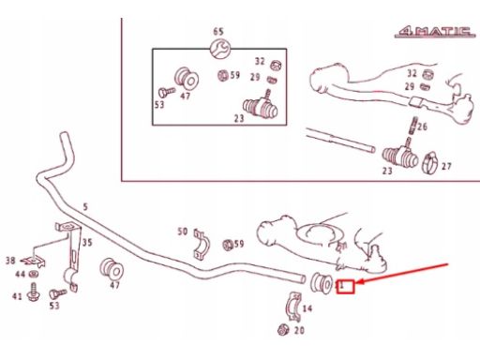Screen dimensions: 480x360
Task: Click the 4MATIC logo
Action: tap(435, 32)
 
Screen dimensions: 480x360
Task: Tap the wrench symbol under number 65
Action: tap(220, 49)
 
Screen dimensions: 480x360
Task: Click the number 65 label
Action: tap(218, 32)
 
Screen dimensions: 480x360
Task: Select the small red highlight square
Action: tap(345, 287)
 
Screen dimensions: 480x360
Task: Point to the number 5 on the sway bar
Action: tap(85, 206)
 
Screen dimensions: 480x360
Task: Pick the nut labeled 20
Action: tap(283, 330)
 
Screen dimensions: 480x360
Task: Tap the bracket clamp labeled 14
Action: tap(293, 307)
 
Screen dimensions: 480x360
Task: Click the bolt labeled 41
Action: tap(33, 292)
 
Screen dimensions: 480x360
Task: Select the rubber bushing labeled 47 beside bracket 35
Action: tap(112, 269)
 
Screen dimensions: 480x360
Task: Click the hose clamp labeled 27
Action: tap(430, 162)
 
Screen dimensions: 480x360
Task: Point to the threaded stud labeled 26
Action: tap(412, 125)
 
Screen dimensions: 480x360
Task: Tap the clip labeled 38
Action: tap(34, 261)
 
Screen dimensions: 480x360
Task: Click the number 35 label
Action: tap(87, 242)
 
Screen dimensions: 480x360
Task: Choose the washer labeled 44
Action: tap(32, 275)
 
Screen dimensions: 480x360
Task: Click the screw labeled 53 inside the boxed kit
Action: tap(166, 92)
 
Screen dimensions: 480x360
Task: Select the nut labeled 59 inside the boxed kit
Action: tap(223, 75)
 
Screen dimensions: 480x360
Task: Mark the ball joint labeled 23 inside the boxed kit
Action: tap(261, 107)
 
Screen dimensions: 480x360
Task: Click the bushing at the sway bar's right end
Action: tap(322, 283)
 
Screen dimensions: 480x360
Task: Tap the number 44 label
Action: tap(21, 274)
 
